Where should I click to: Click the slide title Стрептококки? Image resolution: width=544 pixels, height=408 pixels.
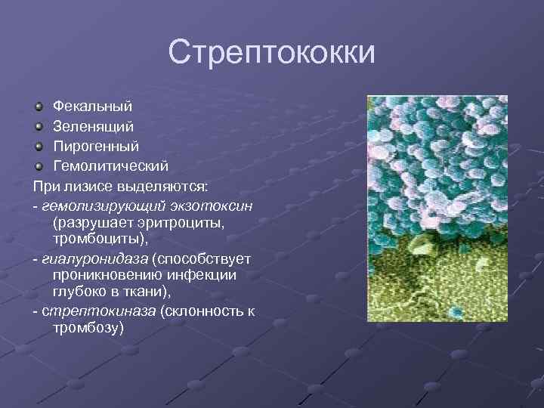coord(271,52)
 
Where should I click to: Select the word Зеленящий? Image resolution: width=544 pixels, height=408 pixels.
coord(93,126)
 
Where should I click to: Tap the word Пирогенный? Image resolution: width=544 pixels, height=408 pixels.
coord(96,146)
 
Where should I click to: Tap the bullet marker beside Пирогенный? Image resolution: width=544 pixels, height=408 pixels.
coord(40,146)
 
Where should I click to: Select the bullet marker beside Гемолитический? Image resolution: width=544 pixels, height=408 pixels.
coord(40,165)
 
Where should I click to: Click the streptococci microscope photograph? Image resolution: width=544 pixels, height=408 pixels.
coord(437,208)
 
